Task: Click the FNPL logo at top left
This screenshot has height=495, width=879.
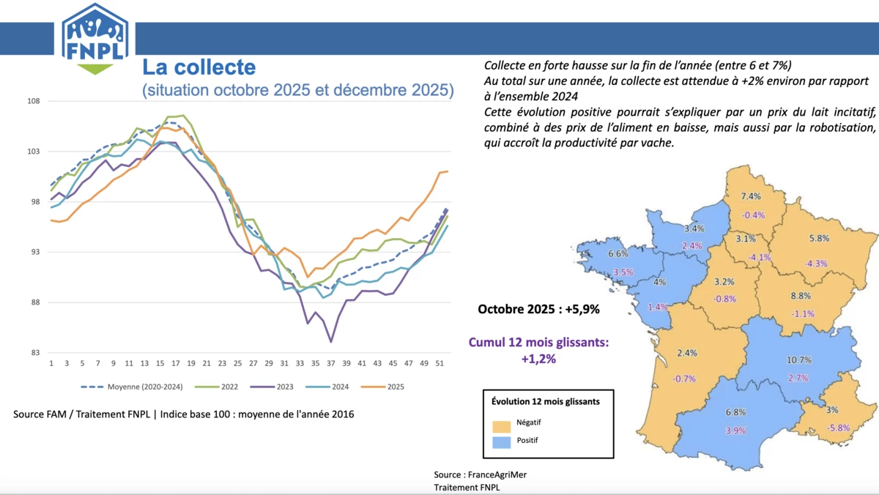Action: (95, 37)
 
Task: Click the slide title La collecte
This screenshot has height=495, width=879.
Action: (199, 68)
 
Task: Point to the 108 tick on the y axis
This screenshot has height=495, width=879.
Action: (34, 101)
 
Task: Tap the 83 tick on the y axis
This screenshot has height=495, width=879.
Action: (35, 353)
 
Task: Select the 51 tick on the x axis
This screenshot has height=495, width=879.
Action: (438, 363)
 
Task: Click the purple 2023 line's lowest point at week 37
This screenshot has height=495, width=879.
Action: (331, 341)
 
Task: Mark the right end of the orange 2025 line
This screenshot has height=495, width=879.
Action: (448, 171)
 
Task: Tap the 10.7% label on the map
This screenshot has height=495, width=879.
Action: (798, 360)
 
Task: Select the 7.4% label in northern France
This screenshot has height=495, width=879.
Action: (752, 196)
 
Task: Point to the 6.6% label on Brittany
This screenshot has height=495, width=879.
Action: (618, 254)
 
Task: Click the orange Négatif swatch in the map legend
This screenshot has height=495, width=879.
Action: (501, 425)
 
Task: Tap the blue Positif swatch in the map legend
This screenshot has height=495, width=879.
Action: (501, 442)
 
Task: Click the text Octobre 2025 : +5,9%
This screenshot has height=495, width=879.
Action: (538, 309)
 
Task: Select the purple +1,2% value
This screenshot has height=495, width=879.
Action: (538, 359)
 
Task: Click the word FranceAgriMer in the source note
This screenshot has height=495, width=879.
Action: (498, 474)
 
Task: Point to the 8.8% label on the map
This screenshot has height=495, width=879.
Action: (801, 296)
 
